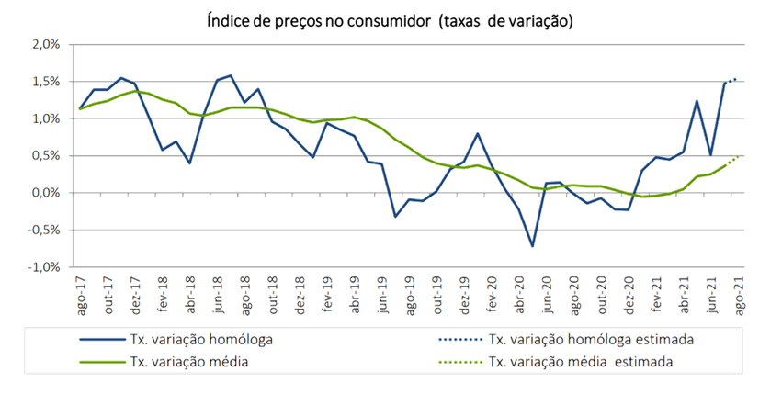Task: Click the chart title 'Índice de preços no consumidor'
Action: tap(391, 20)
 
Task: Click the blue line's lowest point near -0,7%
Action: tap(532, 247)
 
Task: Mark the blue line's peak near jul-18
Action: tap(230, 75)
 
